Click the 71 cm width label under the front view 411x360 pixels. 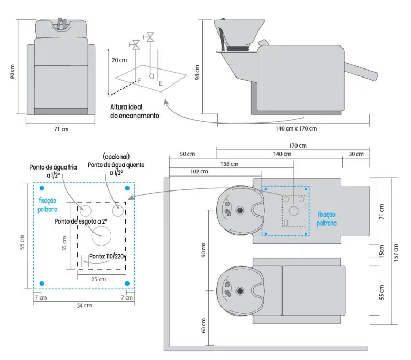point(61,129)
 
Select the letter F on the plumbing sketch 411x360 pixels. point(140,80)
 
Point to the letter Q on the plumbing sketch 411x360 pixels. point(151,76)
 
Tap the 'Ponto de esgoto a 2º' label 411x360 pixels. point(81,220)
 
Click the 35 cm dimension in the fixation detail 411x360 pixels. point(64,244)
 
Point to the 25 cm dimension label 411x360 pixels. point(98,279)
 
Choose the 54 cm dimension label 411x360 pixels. point(83,305)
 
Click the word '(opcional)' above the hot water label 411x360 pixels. point(116,157)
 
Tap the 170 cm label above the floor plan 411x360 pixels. point(297,145)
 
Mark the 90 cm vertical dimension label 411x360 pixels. point(203,251)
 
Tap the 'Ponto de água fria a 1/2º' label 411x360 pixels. point(54,171)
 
